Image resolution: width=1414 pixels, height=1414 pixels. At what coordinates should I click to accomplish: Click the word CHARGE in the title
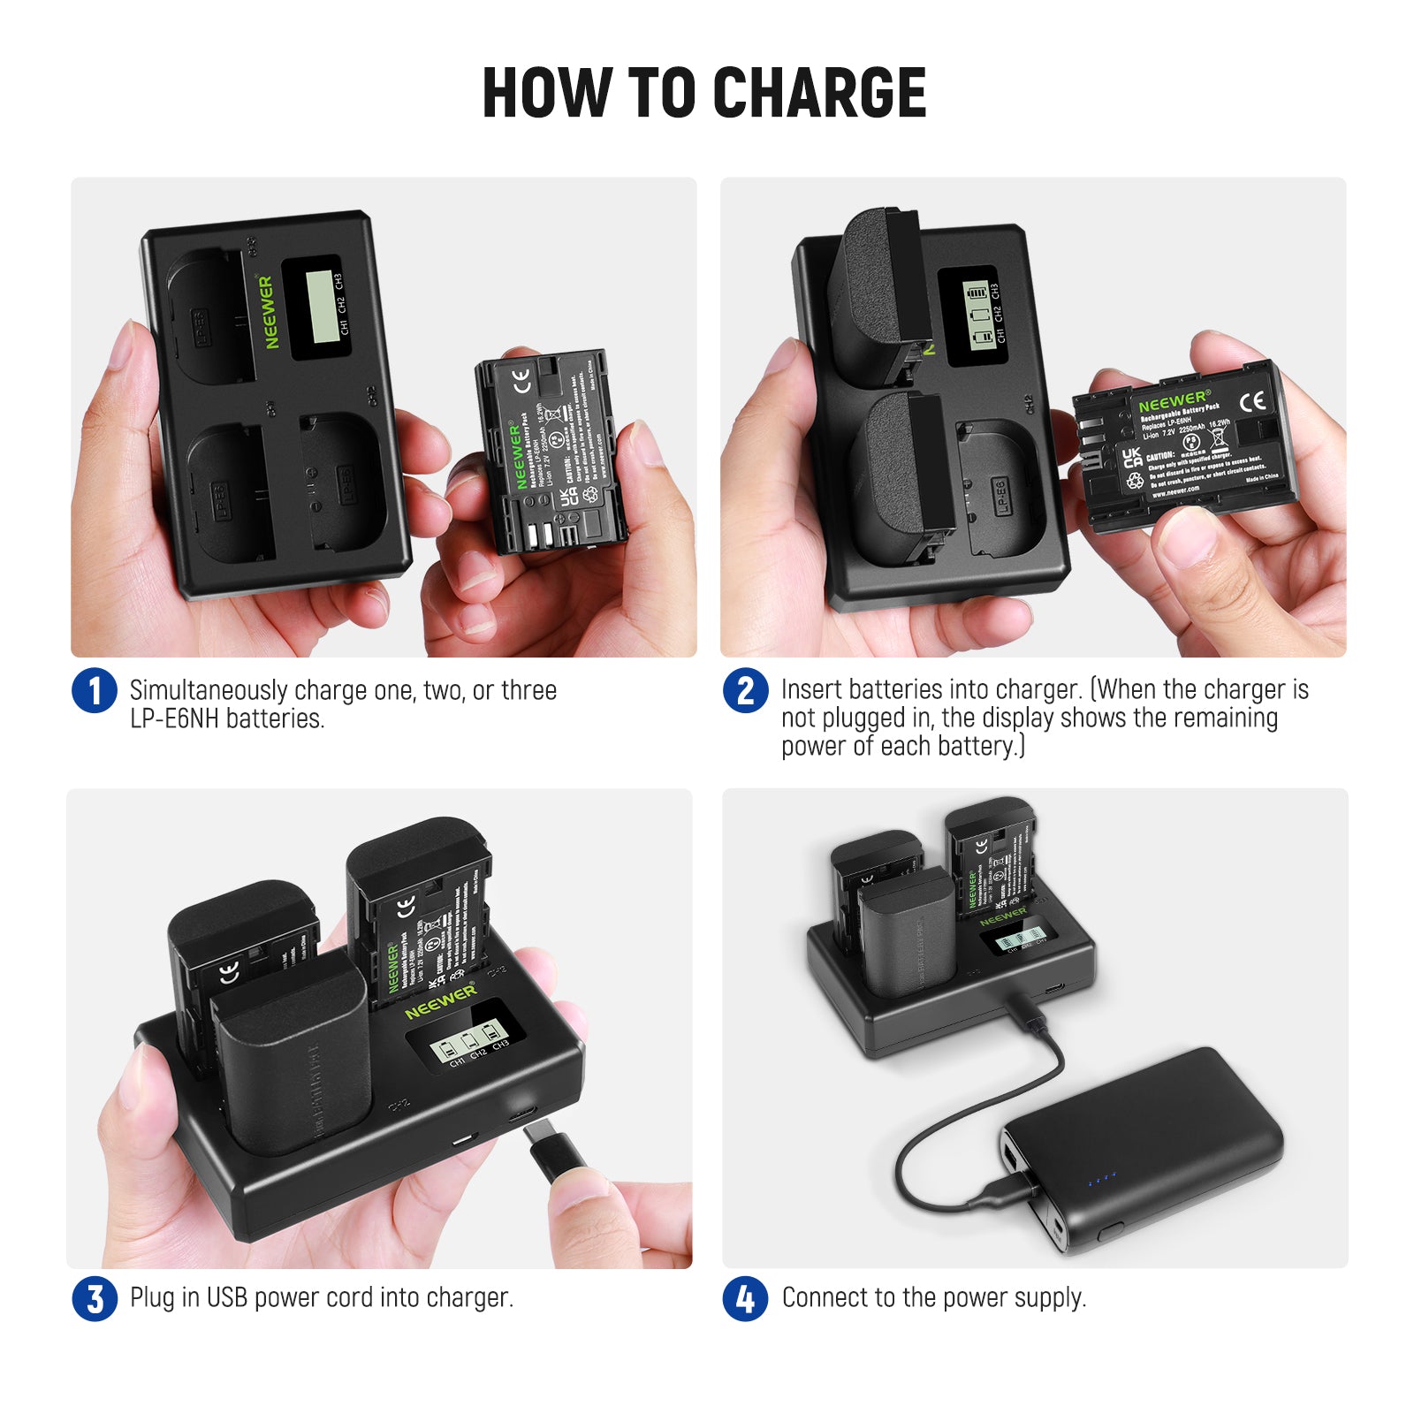(819, 93)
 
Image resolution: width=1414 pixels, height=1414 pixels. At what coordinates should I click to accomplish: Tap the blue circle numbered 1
(95, 691)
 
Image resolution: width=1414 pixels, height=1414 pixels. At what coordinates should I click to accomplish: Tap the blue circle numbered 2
(745, 691)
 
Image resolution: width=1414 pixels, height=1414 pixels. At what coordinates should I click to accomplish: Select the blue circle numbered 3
(95, 1299)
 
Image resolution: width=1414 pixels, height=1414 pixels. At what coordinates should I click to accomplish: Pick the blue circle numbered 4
(745, 1299)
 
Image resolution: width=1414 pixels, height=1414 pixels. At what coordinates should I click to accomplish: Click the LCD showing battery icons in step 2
(977, 314)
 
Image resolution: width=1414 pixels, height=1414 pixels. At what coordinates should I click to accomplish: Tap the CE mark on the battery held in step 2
(1252, 402)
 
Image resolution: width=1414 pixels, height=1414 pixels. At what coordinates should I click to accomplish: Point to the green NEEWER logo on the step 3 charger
(440, 1000)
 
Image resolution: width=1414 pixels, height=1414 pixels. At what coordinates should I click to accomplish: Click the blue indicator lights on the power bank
(1102, 1178)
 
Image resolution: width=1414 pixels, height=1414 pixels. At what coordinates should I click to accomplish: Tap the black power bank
(1149, 1149)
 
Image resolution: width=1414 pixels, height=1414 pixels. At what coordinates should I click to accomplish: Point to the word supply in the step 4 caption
(1050, 1298)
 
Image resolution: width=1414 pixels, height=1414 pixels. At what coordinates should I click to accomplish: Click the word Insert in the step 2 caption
(807, 689)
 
